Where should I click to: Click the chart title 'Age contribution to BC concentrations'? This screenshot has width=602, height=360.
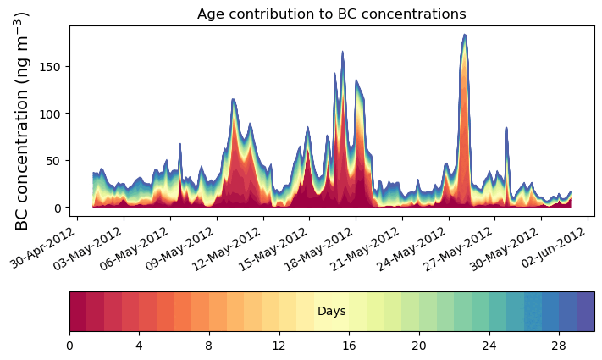click(331, 14)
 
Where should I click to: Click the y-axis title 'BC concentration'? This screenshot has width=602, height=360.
click(23, 120)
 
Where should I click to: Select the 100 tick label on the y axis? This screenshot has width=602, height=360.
click(52, 114)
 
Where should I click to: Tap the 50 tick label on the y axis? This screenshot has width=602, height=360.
click(55, 161)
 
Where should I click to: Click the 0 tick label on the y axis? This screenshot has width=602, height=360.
click(58, 208)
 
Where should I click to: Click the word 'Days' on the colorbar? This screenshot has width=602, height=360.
click(331, 312)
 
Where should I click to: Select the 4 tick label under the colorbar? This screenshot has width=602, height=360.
click(139, 346)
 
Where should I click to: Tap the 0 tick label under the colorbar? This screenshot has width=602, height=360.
click(69, 346)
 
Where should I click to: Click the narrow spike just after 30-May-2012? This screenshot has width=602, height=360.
click(506, 129)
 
